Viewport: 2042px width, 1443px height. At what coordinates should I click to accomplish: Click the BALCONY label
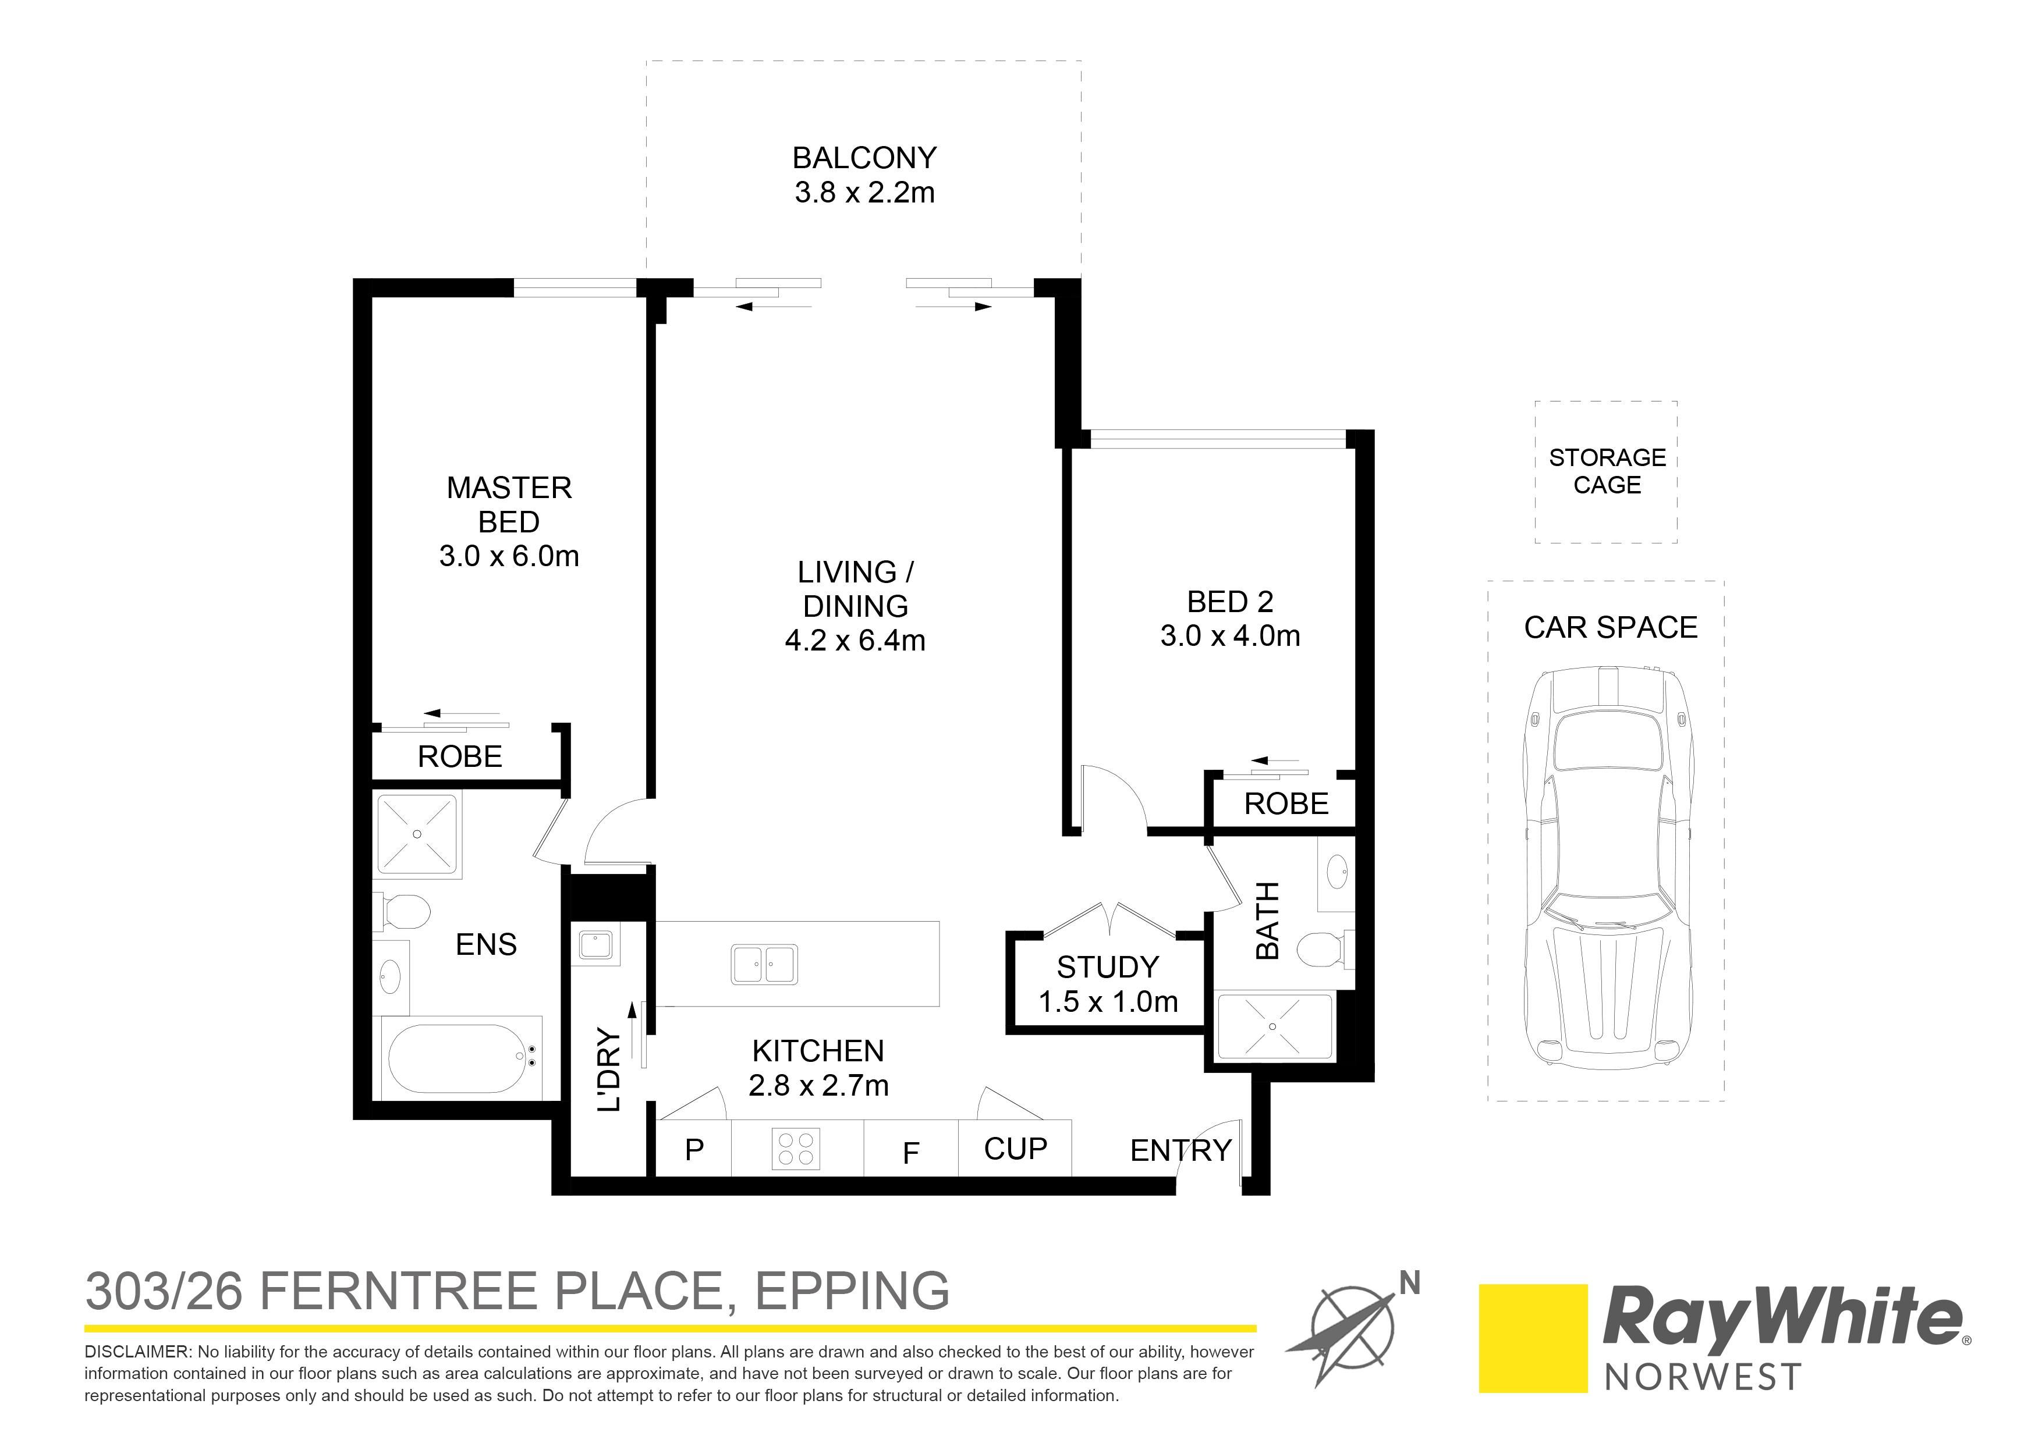coord(864,158)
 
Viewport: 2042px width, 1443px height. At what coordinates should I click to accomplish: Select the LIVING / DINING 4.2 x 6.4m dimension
coord(856,640)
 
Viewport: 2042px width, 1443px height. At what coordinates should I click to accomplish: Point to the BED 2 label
coord(1230,602)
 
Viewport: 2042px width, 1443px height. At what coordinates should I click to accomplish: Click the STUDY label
coord(1107,968)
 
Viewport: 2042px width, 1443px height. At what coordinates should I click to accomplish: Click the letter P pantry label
coord(694,1150)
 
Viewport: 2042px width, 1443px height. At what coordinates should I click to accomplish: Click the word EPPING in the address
coord(852,1292)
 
